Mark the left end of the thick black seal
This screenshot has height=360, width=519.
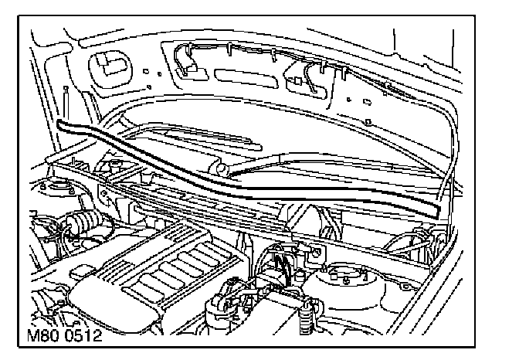coord(61,125)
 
